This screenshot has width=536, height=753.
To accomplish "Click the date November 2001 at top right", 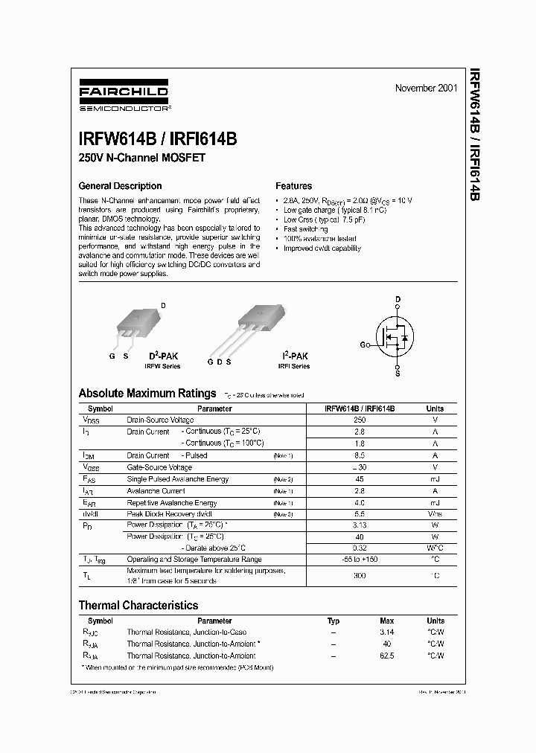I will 426,88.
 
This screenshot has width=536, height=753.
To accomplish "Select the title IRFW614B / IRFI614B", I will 157,138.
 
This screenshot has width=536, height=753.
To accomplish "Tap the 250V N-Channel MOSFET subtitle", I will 141,158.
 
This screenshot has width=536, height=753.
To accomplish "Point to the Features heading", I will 293,186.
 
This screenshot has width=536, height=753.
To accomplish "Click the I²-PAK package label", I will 294,356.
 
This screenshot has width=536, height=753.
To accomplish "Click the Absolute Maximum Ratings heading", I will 147,393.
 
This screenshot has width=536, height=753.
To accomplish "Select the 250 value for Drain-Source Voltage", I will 360,420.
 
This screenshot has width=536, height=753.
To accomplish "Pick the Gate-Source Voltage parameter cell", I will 159,467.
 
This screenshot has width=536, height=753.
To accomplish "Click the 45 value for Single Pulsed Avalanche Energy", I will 360,479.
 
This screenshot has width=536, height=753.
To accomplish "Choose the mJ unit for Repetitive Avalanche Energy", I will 435,503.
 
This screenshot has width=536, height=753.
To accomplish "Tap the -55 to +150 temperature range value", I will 360,559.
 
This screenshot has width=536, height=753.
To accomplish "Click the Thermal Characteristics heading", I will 138,605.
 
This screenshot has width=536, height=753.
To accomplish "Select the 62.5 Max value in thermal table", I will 386,656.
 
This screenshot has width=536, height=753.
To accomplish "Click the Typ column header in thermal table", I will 334,621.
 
